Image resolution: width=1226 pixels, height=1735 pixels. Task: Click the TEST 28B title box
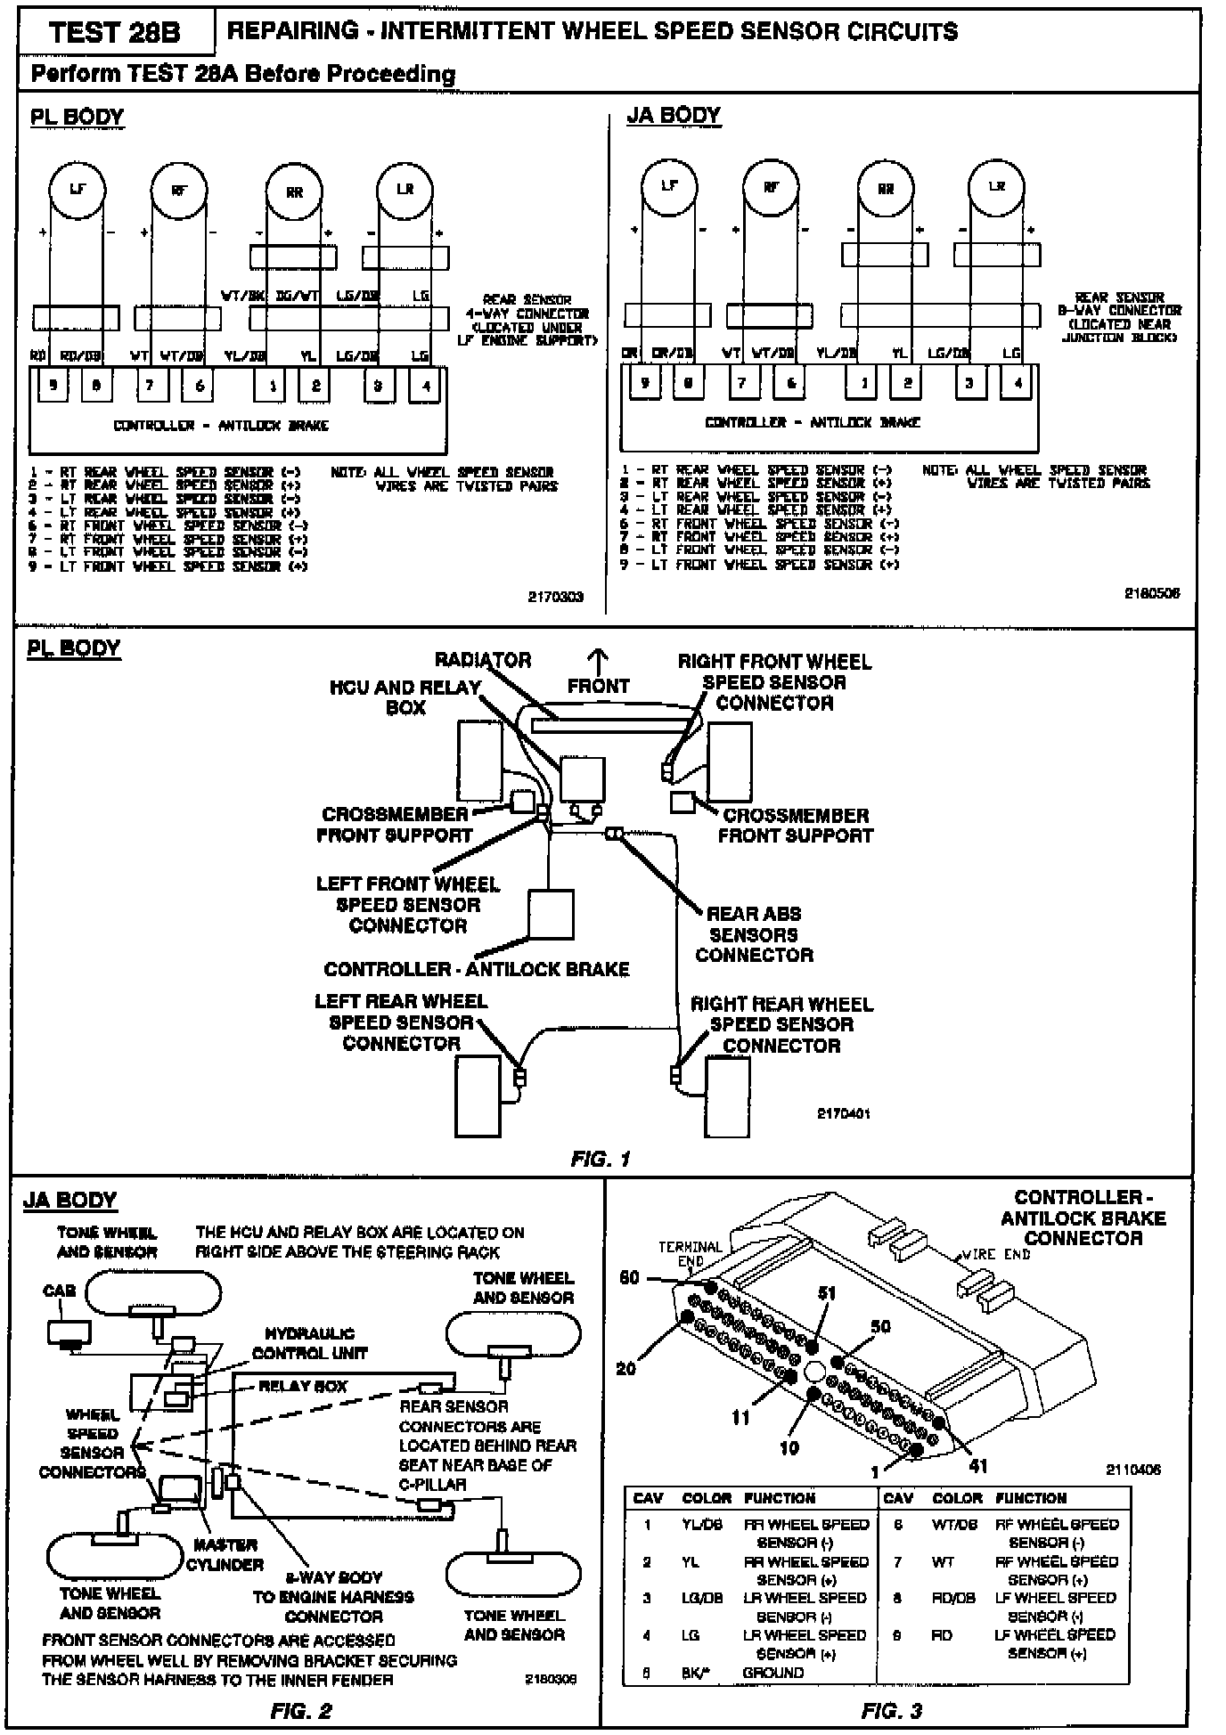click(115, 33)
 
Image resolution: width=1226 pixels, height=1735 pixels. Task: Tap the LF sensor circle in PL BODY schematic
click(77, 189)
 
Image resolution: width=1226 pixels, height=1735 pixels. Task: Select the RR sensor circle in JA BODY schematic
click(885, 189)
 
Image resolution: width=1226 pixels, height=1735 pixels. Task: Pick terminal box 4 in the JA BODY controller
click(1017, 384)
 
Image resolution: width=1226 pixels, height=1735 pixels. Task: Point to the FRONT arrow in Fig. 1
click(598, 662)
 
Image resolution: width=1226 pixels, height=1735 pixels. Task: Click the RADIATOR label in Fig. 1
click(482, 660)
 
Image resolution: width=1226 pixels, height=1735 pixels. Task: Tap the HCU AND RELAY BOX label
click(405, 697)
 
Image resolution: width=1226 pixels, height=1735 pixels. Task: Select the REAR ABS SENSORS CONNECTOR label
click(754, 934)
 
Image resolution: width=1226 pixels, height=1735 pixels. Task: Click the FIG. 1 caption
click(601, 1159)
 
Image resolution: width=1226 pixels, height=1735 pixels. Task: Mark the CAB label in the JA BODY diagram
click(59, 1291)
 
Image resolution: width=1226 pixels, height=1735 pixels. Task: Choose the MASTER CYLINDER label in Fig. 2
click(225, 1554)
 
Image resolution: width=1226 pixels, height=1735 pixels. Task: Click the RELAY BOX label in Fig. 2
click(303, 1387)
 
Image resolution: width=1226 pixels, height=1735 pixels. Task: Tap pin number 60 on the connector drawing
click(629, 1278)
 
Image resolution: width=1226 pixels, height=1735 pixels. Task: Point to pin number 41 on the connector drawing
click(977, 1466)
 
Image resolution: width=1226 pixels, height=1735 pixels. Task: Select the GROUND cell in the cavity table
click(772, 1673)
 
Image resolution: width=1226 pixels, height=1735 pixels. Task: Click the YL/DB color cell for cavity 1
click(701, 1524)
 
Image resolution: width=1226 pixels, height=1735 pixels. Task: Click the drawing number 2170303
click(555, 597)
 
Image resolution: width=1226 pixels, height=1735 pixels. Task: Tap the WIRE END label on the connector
click(996, 1255)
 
